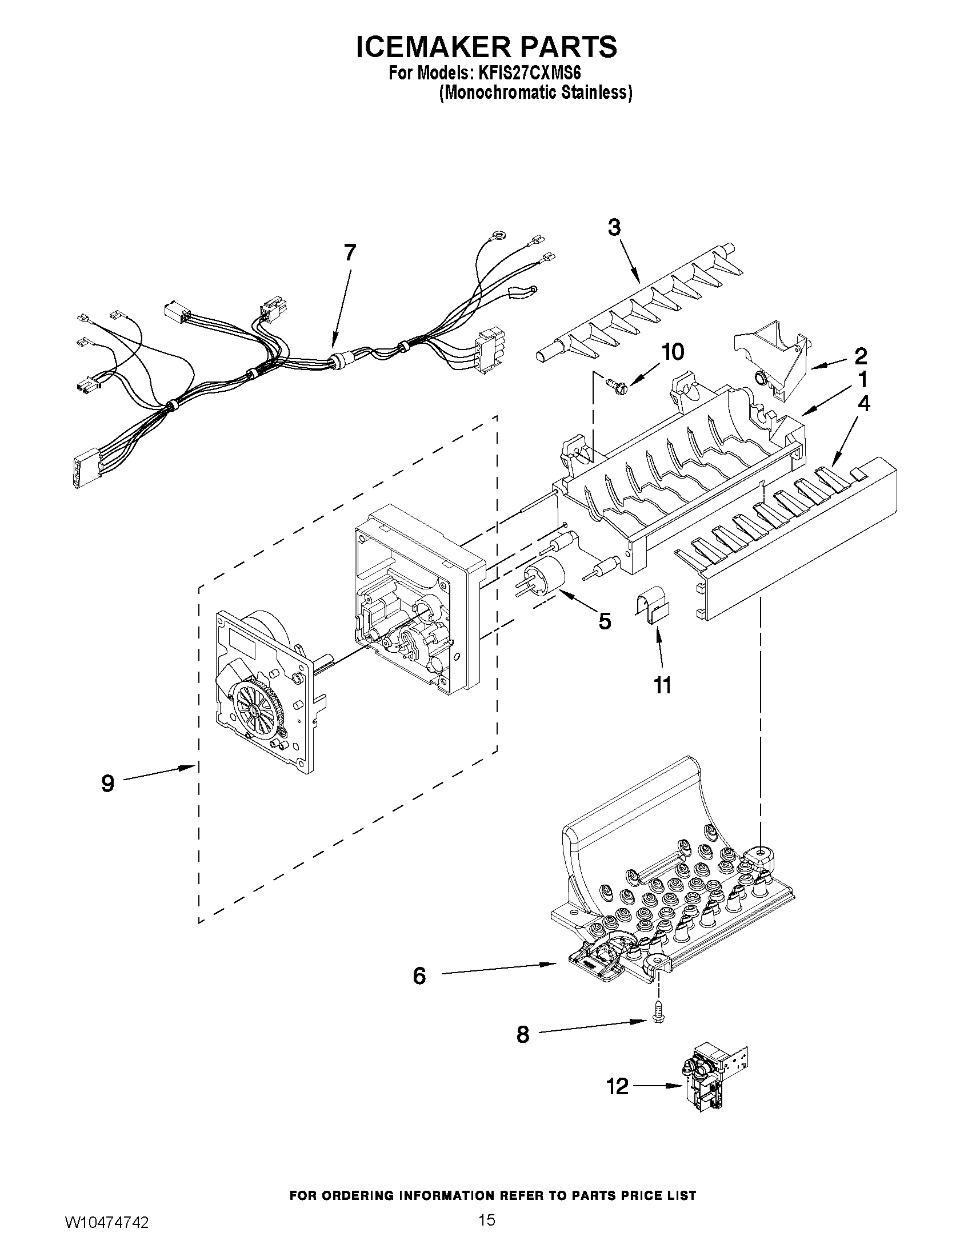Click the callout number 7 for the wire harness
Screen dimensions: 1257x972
(x=350, y=252)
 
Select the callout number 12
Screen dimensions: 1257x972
(x=617, y=1087)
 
